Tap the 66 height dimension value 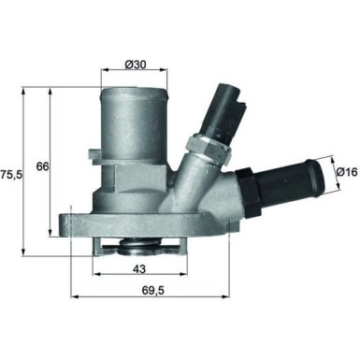pyautogui.click(x=42, y=166)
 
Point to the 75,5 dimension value pyautogui.click(x=10, y=174)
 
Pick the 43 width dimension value pyautogui.click(x=137, y=270)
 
